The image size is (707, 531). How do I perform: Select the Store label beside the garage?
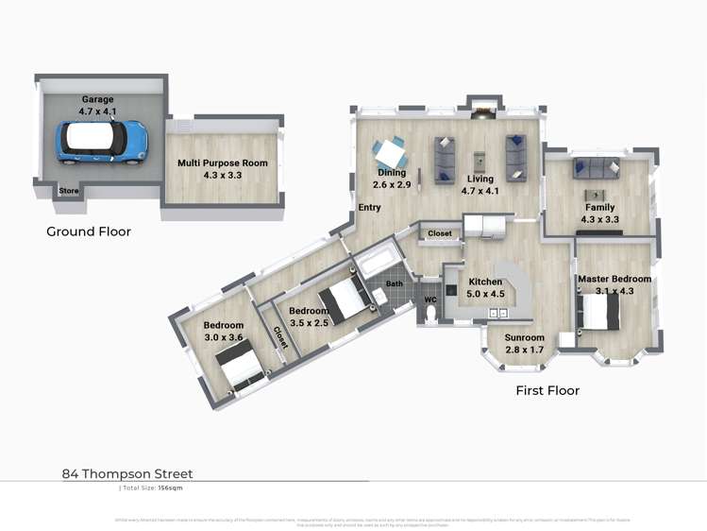click(x=69, y=191)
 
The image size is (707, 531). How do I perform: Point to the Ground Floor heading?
click(x=89, y=231)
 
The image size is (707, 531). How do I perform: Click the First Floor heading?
click(x=547, y=390)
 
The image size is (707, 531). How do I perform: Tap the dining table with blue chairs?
click(x=389, y=152)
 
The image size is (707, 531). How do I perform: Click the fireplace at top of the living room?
click(x=482, y=111)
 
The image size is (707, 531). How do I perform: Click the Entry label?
click(x=368, y=207)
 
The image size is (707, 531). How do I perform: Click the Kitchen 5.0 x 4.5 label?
click(x=487, y=288)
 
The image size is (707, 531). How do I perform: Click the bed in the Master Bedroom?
click(x=599, y=312)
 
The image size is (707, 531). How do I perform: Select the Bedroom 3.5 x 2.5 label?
click(x=308, y=317)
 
